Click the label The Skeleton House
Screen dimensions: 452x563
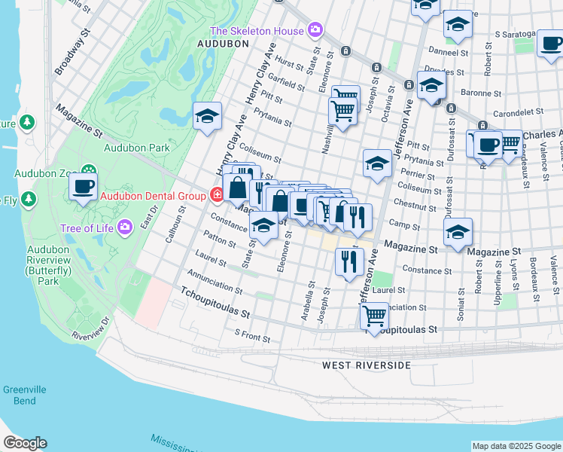[256, 31]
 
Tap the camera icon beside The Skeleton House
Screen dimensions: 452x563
[315, 31]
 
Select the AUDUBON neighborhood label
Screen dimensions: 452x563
[223, 44]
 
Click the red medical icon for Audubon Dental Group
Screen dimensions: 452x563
[217, 196]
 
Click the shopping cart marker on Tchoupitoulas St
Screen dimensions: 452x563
[374, 316]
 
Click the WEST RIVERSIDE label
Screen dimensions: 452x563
[367, 365]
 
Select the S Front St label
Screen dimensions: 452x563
[251, 332]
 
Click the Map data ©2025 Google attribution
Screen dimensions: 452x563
[516, 446]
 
